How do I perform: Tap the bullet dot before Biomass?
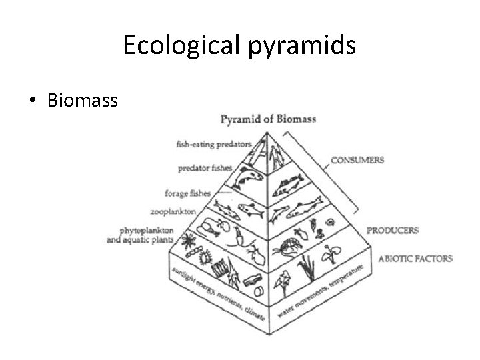[33, 101]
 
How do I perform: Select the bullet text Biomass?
[82, 100]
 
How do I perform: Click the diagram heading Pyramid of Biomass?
[268, 120]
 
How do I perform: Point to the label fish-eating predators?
[213, 143]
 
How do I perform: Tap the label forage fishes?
[187, 193]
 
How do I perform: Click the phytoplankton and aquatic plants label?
[141, 234]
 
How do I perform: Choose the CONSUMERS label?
[358, 160]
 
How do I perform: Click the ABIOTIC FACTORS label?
[415, 258]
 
